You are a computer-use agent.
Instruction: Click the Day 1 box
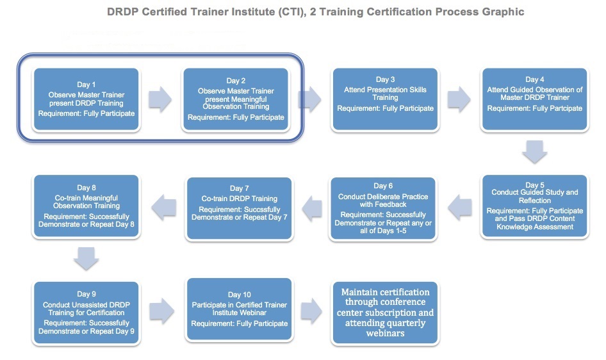point(86,99)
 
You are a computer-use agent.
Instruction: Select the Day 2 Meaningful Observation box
point(236,99)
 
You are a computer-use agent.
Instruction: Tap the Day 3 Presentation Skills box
point(386,99)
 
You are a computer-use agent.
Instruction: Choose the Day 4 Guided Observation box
point(535,99)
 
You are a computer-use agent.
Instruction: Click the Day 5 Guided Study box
point(535,206)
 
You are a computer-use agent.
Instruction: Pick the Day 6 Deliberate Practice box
point(383,209)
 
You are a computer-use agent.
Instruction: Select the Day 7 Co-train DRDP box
point(239,209)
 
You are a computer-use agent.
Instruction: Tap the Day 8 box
point(86,206)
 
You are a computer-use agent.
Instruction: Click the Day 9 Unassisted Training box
point(86,313)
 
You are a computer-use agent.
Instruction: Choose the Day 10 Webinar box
point(239,309)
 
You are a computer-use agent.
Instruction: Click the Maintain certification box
point(386,313)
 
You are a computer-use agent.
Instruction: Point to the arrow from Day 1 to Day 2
point(160,99)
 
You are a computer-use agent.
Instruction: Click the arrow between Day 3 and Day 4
point(459,99)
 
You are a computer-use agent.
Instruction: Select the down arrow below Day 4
point(534,152)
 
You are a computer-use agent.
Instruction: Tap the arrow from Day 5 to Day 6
point(460,208)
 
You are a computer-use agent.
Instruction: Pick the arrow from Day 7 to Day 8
point(164,208)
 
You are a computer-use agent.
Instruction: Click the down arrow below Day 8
point(86,258)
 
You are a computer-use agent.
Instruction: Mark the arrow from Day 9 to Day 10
point(161,311)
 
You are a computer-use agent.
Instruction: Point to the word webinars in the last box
point(386,333)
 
